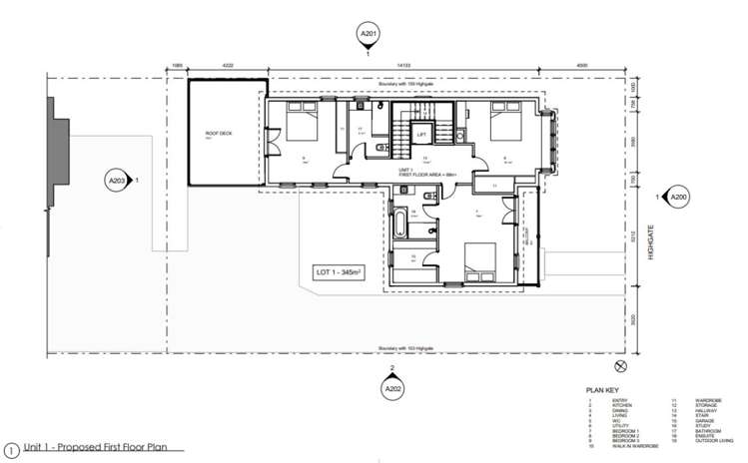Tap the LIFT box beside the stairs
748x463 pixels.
(x=421, y=135)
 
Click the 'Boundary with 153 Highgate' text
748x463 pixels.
(x=402, y=348)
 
